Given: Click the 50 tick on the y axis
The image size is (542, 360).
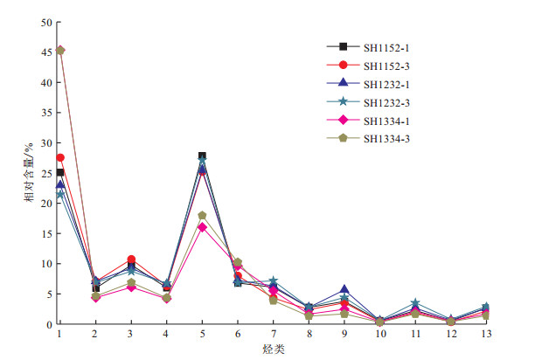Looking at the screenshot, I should [45, 22].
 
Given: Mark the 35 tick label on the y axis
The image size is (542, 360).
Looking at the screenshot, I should [45, 113].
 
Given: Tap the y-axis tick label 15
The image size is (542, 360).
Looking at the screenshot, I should [45, 233].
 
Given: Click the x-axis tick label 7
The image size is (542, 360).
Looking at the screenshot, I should [273, 334].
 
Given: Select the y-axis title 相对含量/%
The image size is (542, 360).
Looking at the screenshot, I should [29, 173].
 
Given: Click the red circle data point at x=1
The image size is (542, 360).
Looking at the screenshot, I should [59, 158].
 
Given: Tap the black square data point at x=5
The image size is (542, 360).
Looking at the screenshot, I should [202, 156].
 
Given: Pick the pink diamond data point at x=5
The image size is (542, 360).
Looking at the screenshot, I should [202, 227].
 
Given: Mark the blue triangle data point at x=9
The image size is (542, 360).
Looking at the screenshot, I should [344, 289].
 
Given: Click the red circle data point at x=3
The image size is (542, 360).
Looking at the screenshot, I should [131, 260].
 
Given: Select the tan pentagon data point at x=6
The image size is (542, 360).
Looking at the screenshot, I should [238, 262].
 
